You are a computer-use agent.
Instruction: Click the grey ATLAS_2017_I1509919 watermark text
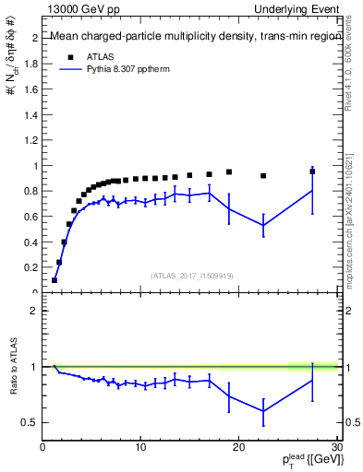(x=191, y=274)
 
